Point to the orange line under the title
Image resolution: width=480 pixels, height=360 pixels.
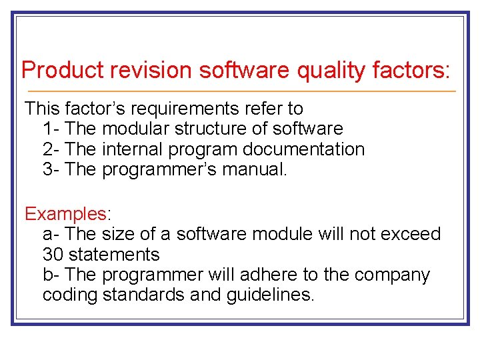(x=240, y=91)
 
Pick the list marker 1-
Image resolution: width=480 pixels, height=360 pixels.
(x=52, y=129)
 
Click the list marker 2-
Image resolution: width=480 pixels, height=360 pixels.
(x=52, y=149)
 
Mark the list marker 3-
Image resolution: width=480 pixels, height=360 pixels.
(x=52, y=169)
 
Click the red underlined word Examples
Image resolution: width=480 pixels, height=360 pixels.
(x=65, y=214)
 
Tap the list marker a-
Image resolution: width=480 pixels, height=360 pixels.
(x=52, y=234)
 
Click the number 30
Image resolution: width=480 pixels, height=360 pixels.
(x=53, y=255)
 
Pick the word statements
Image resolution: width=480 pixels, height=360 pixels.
(x=114, y=255)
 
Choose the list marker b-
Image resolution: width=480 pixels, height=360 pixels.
(x=52, y=275)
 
